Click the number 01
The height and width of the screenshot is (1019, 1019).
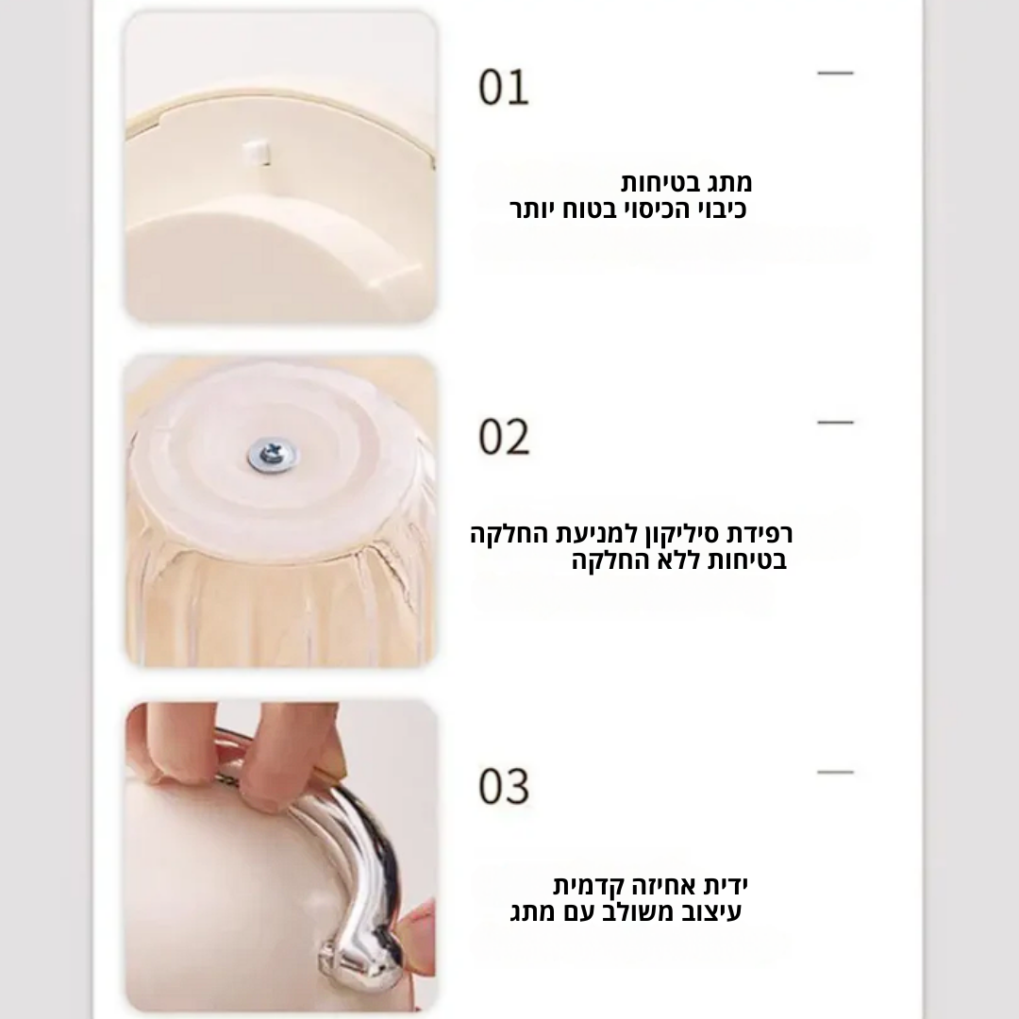point(504,87)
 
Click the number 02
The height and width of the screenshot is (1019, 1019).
point(504,437)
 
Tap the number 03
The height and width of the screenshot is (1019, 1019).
point(504,786)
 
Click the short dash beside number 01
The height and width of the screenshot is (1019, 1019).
point(835,73)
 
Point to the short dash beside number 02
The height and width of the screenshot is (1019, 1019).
point(835,423)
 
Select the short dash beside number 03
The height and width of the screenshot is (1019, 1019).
point(835,772)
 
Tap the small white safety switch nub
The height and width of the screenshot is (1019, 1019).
point(256,151)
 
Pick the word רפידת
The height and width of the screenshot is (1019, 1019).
point(760,534)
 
